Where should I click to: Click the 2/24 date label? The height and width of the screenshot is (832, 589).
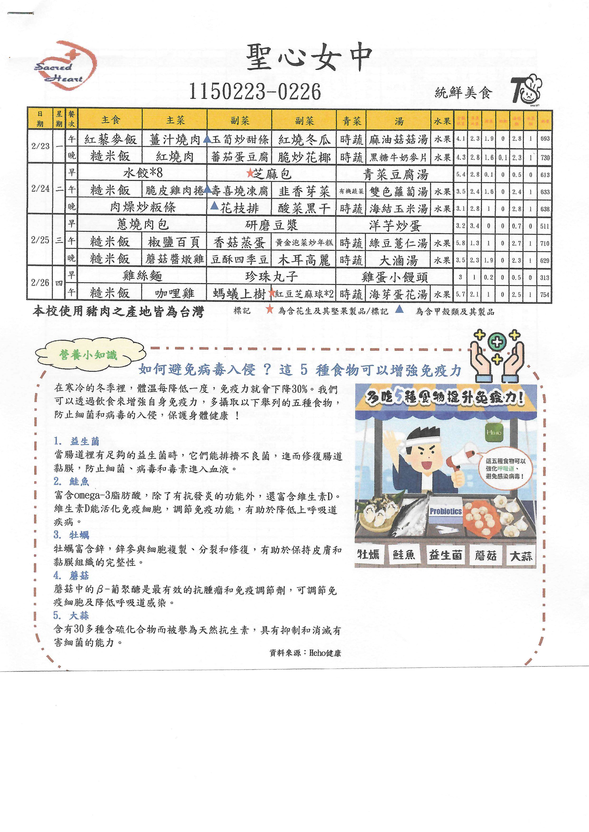coord(40,189)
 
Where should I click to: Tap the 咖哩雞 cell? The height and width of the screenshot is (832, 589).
coord(175,293)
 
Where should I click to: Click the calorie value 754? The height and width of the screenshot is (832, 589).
coord(545,294)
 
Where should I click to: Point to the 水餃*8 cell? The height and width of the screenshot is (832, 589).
coord(142,173)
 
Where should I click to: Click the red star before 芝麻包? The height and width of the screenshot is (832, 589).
coord(250,173)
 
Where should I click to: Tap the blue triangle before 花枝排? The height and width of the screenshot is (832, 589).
coord(214,206)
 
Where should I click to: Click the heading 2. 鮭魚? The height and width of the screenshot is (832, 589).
coord(71,482)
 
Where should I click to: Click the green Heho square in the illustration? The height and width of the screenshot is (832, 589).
coord(494,432)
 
